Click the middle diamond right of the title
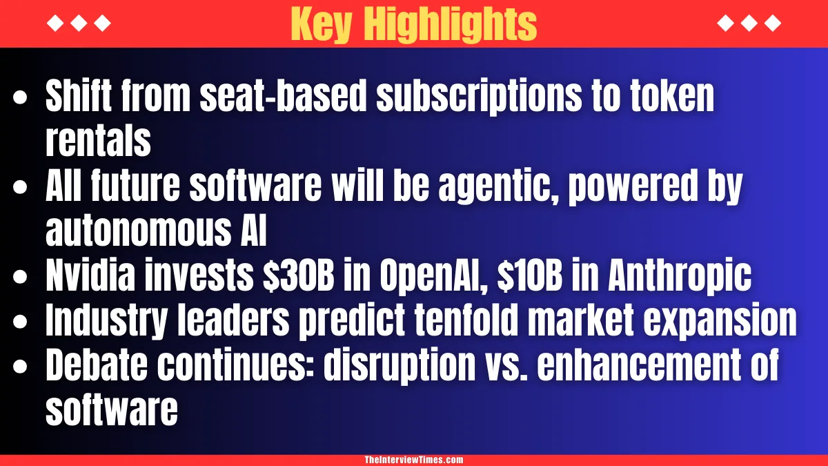(749, 23)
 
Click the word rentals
(98, 142)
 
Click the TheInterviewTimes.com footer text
(414, 460)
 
